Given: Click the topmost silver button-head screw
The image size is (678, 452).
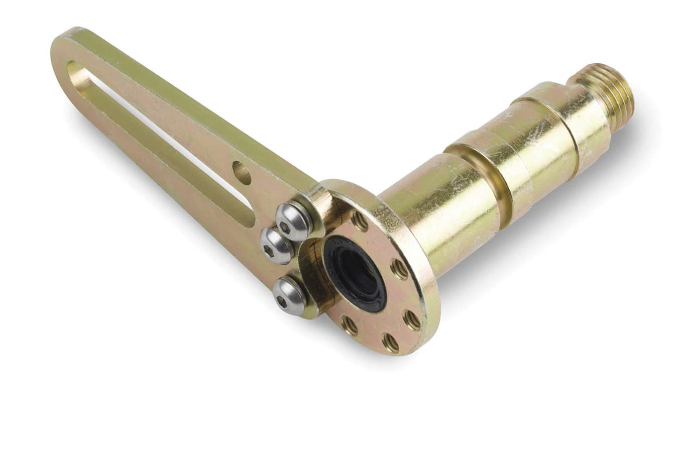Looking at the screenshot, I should point(294,221).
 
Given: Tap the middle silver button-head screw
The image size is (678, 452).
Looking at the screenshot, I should point(276,246).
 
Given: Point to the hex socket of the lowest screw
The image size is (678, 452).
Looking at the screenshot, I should point(281,301).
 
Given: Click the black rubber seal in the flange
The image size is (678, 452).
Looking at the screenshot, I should point(355,274).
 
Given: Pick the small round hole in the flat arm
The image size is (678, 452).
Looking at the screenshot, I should point(242,173).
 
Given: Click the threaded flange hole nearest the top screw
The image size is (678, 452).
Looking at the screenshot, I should point(359,220).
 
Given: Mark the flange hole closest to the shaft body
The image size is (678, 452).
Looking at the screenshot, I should point(400,269).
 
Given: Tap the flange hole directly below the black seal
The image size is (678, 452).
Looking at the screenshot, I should point(350,325).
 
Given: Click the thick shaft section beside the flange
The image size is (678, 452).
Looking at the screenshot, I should point(442,216).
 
